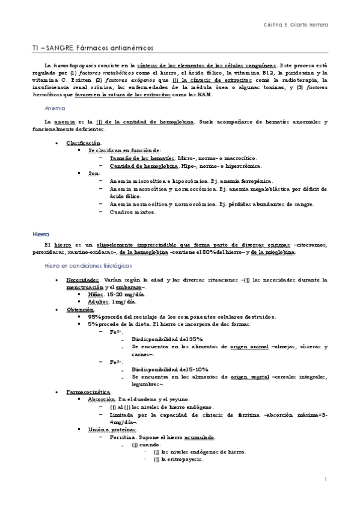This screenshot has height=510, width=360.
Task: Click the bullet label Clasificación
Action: [84, 143]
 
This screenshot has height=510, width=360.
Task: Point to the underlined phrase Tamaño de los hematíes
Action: [134, 158]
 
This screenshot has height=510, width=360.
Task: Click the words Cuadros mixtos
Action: [132, 212]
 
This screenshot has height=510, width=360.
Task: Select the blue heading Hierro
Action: [41, 234]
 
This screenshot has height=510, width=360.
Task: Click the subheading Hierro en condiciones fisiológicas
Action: [88, 265]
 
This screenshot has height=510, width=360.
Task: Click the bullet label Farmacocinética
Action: [88, 392]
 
